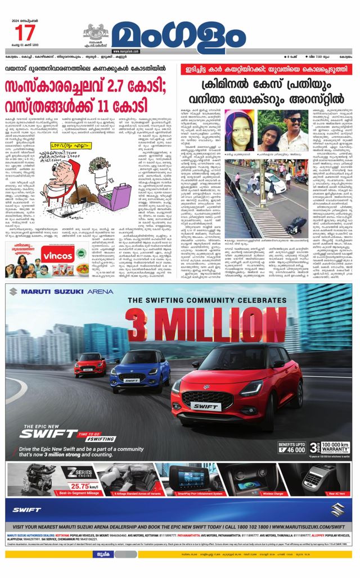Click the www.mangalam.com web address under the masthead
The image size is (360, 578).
(x=129, y=51)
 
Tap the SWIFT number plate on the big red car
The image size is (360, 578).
(x=205, y=406)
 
